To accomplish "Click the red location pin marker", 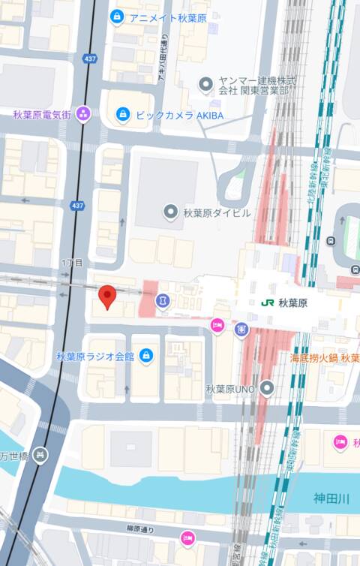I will pos(107,296).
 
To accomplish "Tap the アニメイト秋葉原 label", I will pos(167,17).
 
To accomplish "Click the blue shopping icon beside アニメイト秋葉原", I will pos(116,17).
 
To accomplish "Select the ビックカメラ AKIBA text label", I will pos(179,115).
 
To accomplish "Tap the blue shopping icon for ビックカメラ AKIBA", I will pos(123,115).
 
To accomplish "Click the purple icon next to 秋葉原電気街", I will pos(82,114).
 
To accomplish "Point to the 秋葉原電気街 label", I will pos(41,114).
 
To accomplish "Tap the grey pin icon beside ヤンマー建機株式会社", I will pos(205,85).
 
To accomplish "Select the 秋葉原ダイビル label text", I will pos(217,212).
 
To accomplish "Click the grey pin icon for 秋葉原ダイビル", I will pos(171,212).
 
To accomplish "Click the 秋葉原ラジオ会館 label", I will pos(94,356).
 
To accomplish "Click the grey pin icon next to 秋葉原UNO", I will pos(266,388).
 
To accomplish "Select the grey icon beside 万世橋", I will pos(40,454).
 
